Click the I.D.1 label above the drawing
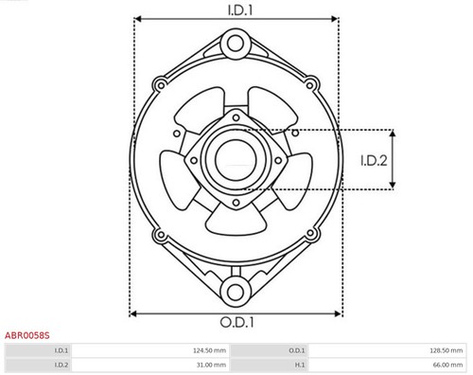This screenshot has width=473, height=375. [234, 10]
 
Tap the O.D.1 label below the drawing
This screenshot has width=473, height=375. [234, 322]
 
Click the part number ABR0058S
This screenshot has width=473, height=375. [26, 335]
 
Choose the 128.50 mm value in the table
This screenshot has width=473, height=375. [442, 350]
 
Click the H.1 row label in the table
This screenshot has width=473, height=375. [299, 365]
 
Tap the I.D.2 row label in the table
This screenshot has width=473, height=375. [61, 365]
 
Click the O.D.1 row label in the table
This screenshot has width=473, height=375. [297, 350]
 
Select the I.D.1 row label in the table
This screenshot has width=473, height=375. [61, 350]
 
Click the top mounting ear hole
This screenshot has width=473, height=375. [234, 41]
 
